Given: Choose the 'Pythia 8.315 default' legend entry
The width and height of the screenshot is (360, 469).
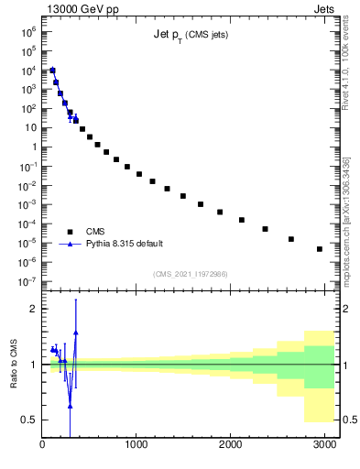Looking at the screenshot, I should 125,244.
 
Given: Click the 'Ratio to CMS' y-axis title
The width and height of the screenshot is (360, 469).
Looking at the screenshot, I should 15,364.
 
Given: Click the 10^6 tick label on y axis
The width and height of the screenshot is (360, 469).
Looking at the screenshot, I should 27,31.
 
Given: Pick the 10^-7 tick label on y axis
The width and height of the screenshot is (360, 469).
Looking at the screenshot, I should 27,281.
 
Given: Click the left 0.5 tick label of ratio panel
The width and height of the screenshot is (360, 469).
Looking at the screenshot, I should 28,420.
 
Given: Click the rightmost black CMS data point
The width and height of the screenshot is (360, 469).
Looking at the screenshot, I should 319,249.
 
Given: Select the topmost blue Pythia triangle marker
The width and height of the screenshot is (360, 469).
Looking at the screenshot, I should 52,71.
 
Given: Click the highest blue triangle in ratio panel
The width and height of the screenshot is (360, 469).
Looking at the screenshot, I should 76,333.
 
